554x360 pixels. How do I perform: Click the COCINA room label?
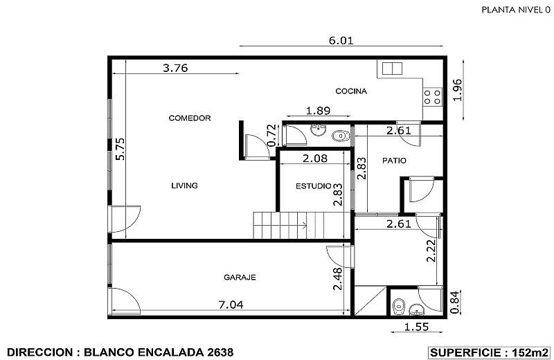tap(351, 91)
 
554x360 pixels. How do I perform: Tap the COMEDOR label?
tap(190, 118)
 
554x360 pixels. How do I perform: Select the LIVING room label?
tap(185, 186)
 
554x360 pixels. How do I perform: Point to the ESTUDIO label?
tap(313, 186)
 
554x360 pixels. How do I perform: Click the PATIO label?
tap(394, 161)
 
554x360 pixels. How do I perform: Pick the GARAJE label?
tap(240, 277)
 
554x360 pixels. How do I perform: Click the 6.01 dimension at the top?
tap(341, 40)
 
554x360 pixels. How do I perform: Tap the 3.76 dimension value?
tap(175, 68)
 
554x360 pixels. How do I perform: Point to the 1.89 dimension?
tap(316, 110)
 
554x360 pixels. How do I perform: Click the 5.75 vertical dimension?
tap(119, 150)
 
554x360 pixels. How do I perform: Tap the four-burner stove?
tap(433, 96)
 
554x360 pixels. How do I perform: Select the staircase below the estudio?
tap(299, 225)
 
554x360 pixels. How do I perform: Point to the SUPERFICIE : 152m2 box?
tap(490, 352)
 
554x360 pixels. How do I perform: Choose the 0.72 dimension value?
tap(272, 134)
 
